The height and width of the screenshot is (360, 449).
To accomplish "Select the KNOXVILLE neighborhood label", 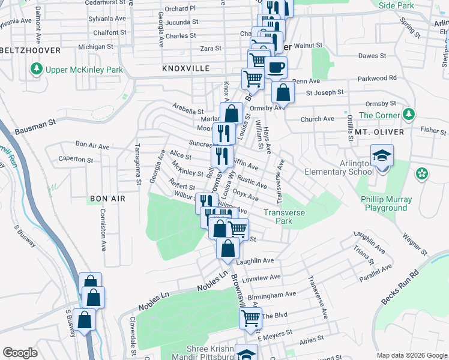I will (186, 69).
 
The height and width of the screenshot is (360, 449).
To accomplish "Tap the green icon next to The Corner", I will (409, 114).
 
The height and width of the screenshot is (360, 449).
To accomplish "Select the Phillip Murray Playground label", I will (386, 203).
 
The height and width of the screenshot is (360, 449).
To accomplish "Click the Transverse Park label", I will (285, 217).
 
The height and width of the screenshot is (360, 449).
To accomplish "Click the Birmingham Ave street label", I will (272, 295).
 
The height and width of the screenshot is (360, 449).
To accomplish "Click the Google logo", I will (20, 353).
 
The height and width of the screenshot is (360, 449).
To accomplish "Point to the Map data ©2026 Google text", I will (411, 355).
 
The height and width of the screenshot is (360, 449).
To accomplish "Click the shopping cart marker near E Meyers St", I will (250, 318).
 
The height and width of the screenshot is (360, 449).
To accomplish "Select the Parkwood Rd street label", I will (377, 78).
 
